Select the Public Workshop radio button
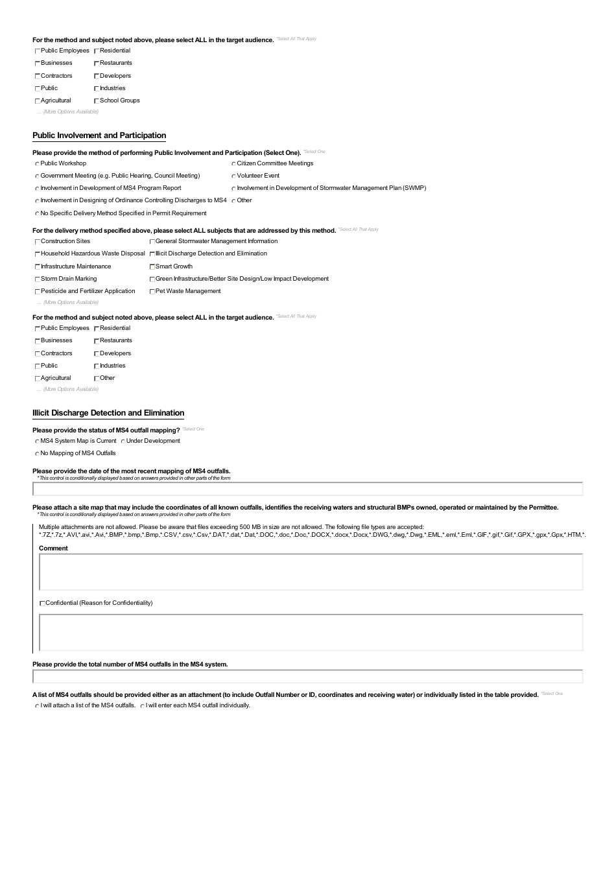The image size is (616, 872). [x=37, y=164]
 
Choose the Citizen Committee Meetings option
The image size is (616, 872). [x=233, y=164]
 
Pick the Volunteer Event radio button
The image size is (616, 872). [x=233, y=176]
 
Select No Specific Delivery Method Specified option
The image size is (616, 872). [x=37, y=214]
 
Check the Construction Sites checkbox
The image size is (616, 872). [x=38, y=242]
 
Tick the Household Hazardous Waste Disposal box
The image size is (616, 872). [x=38, y=254]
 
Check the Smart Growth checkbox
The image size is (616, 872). [x=152, y=267]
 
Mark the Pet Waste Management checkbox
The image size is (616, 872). [x=152, y=292]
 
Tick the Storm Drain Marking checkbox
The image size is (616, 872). [x=38, y=279]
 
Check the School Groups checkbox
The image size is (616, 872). [x=97, y=101]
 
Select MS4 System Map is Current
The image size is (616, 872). [x=37, y=442]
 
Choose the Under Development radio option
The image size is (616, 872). [x=123, y=442]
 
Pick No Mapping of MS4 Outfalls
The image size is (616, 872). [x=37, y=454]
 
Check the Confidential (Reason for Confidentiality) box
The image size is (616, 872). [x=42, y=604]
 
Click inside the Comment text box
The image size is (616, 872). [x=311, y=572]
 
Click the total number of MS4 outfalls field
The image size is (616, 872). [x=307, y=677]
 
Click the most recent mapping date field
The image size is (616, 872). [x=307, y=489]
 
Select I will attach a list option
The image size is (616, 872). [x=37, y=706]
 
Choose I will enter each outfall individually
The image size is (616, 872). [x=142, y=706]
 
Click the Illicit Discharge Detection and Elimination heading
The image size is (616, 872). [x=108, y=413]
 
